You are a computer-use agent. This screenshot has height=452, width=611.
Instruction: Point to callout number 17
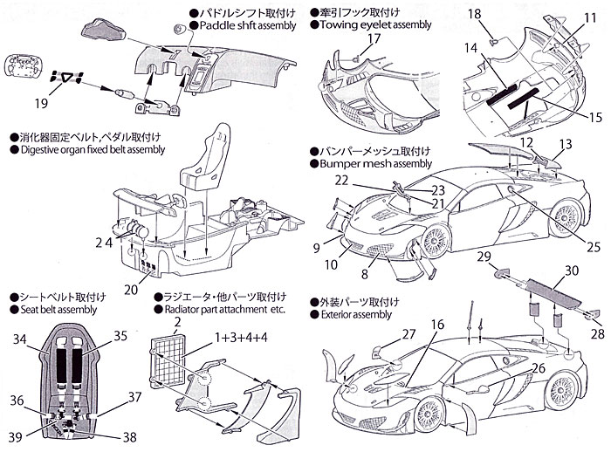pyautogui.click(x=374, y=39)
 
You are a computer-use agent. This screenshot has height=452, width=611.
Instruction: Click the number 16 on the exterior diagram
pyautogui.click(x=436, y=325)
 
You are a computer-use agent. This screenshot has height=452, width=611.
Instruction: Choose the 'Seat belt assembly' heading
pyautogui.click(x=54, y=309)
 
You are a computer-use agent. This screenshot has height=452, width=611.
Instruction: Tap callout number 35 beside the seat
pyautogui.click(x=120, y=334)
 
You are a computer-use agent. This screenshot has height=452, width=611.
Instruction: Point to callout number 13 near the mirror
pyautogui.click(x=566, y=142)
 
